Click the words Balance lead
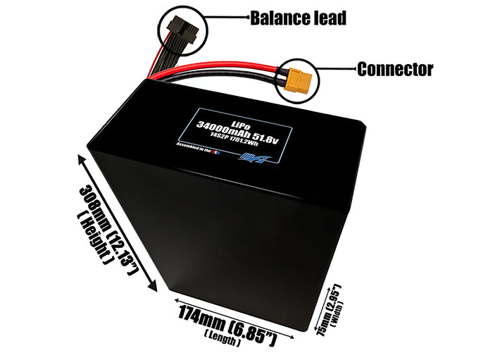tap(299, 18)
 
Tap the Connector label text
tap(395, 69)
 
